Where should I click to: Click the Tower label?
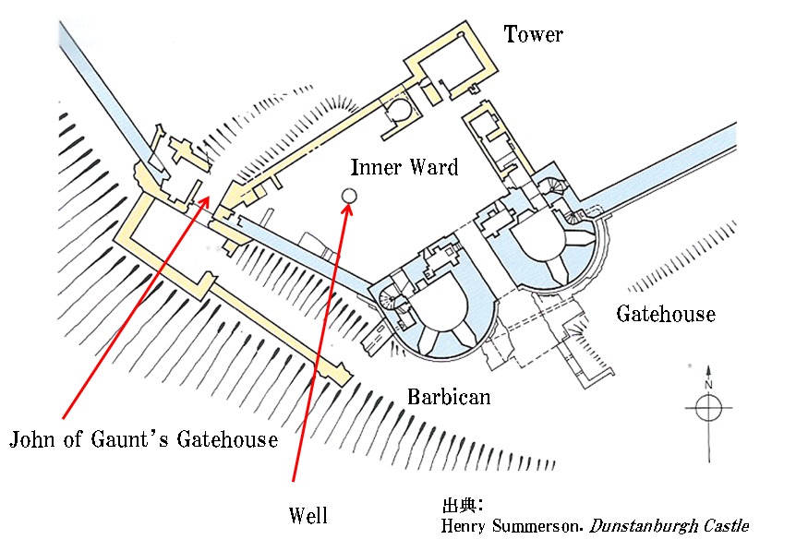point(533,34)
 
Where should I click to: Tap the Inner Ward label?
point(404,167)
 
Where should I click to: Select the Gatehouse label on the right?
point(666,314)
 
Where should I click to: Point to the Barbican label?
point(449,397)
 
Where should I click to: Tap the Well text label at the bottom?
point(308,515)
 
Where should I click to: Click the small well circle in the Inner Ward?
point(349,196)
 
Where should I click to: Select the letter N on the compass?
point(708,385)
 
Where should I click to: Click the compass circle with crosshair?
point(708,408)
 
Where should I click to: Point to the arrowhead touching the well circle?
point(348,210)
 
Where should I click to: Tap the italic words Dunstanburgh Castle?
point(669,526)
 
